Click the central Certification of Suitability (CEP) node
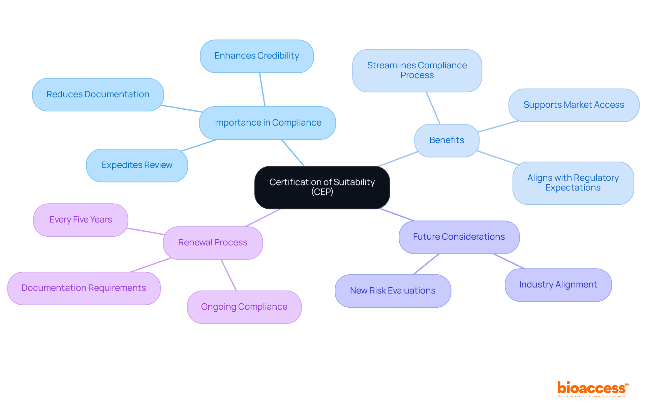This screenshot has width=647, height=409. click(322, 187)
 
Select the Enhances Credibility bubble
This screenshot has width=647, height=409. click(257, 56)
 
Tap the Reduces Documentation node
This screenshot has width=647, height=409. click(98, 95)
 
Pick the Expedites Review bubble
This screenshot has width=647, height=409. click(137, 165)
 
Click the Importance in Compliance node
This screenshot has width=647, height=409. click(267, 123)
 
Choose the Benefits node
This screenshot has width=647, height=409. click(446, 140)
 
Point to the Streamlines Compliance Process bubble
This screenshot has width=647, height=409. click(417, 71)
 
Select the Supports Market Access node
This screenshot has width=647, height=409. click(574, 105)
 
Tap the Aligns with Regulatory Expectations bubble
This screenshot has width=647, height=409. click(573, 183)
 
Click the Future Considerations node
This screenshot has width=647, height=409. click(459, 237)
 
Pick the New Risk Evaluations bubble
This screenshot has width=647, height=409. click(393, 291)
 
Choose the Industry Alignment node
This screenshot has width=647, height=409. click(558, 285)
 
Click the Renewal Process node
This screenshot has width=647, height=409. click(213, 243)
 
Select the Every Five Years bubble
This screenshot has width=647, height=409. click(81, 220)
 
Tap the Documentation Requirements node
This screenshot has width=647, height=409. click(84, 288)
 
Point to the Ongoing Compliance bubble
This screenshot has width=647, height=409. click(244, 307)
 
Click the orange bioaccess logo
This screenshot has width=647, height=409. click(592, 388)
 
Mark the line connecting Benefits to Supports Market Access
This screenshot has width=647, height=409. click(498, 126)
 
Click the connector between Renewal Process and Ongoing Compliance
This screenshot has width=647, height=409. click(229, 275)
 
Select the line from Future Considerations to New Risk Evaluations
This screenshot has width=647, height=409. click(426, 264)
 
